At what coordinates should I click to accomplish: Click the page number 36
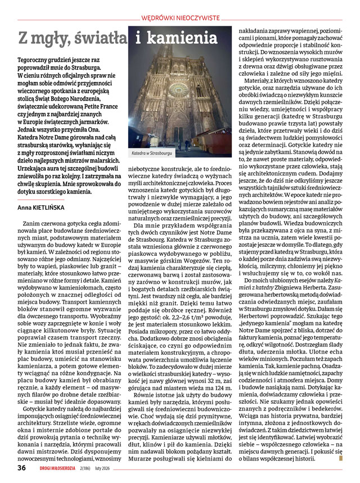coord(21,467)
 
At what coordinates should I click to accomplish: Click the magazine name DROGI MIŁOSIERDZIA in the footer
coord(66,468)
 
